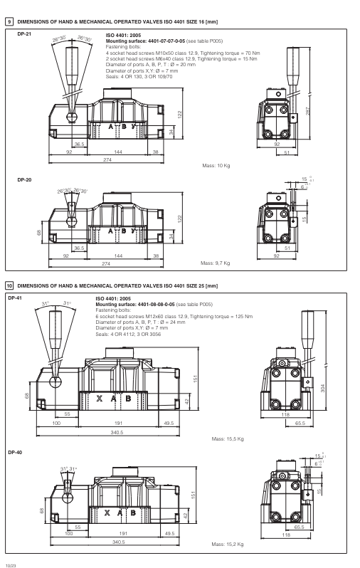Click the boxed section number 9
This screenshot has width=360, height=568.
point(9,23)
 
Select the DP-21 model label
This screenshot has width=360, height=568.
point(23,34)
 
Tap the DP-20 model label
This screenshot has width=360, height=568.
point(23,179)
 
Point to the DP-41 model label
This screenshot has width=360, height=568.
point(15,298)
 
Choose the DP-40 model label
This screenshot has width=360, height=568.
point(15,452)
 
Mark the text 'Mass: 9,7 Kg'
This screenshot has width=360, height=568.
point(217,263)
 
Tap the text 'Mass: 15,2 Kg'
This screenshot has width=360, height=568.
point(228,544)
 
